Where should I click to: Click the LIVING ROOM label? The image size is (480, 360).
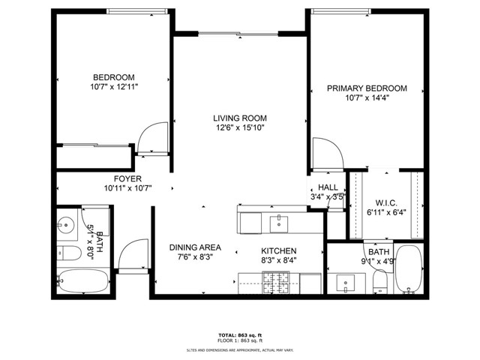click(x=239, y=118)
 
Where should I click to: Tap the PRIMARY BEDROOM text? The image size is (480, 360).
click(x=367, y=88)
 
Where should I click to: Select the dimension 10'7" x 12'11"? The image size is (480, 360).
click(x=113, y=87)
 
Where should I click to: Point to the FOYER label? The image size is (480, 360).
click(x=127, y=178)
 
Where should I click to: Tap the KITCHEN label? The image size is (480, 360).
click(x=278, y=250)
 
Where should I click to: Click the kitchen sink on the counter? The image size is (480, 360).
click(x=279, y=221)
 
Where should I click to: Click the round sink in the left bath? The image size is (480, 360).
click(x=67, y=223)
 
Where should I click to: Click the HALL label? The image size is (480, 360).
click(x=328, y=187)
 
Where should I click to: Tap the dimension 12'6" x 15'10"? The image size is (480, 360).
click(x=239, y=128)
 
